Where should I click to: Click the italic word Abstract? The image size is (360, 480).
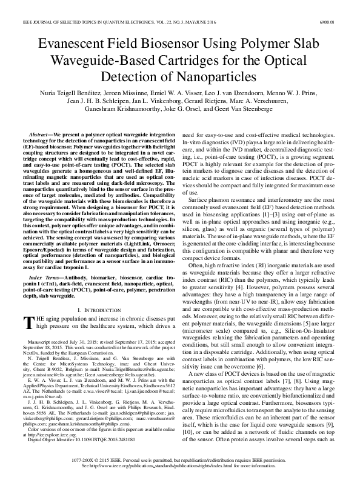pos(42,133)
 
